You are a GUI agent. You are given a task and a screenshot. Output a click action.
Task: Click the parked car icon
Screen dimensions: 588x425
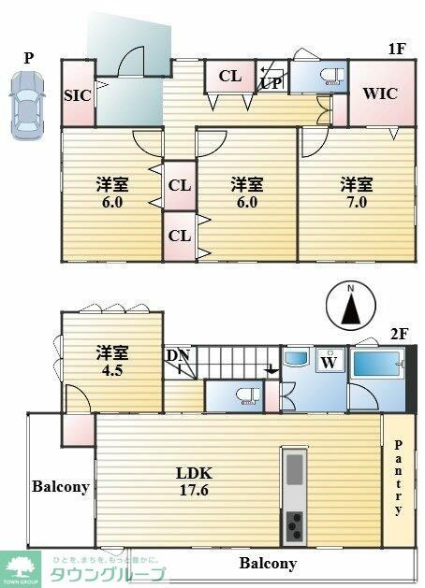point(26,105)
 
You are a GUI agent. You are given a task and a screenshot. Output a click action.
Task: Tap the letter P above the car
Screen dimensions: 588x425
point(28,58)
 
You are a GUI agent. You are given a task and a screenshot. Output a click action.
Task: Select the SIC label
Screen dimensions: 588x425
point(76,95)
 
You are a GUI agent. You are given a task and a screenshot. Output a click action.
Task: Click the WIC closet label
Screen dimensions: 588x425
point(380,93)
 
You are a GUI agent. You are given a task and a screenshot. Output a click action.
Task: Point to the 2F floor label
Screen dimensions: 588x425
point(400,333)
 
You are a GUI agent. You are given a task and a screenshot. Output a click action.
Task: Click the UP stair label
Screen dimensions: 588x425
point(271,82)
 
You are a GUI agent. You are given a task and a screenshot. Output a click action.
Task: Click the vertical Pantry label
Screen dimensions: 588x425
point(398,477)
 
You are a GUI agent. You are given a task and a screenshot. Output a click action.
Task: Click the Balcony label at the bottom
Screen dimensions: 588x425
point(267,564)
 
